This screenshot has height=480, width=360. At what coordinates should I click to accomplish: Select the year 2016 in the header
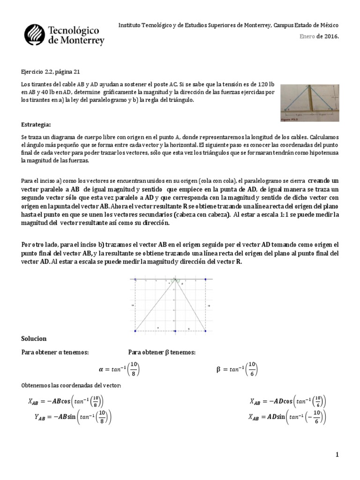coord(331,36)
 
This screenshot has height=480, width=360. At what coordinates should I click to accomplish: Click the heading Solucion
coord(34,338)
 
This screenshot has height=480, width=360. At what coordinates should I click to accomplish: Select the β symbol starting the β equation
coord(218,370)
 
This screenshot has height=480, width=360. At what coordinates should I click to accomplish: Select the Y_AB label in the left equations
coord(36,417)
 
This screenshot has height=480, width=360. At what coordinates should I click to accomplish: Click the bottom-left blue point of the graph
coord(135,331)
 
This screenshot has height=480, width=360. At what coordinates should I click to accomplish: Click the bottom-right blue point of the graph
coord(205,331)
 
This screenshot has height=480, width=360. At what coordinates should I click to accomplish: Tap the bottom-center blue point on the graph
coord(175,331)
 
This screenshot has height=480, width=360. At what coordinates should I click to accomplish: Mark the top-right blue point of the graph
coord(205,279)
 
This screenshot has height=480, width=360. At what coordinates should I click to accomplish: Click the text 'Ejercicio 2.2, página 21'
coord(51,71)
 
